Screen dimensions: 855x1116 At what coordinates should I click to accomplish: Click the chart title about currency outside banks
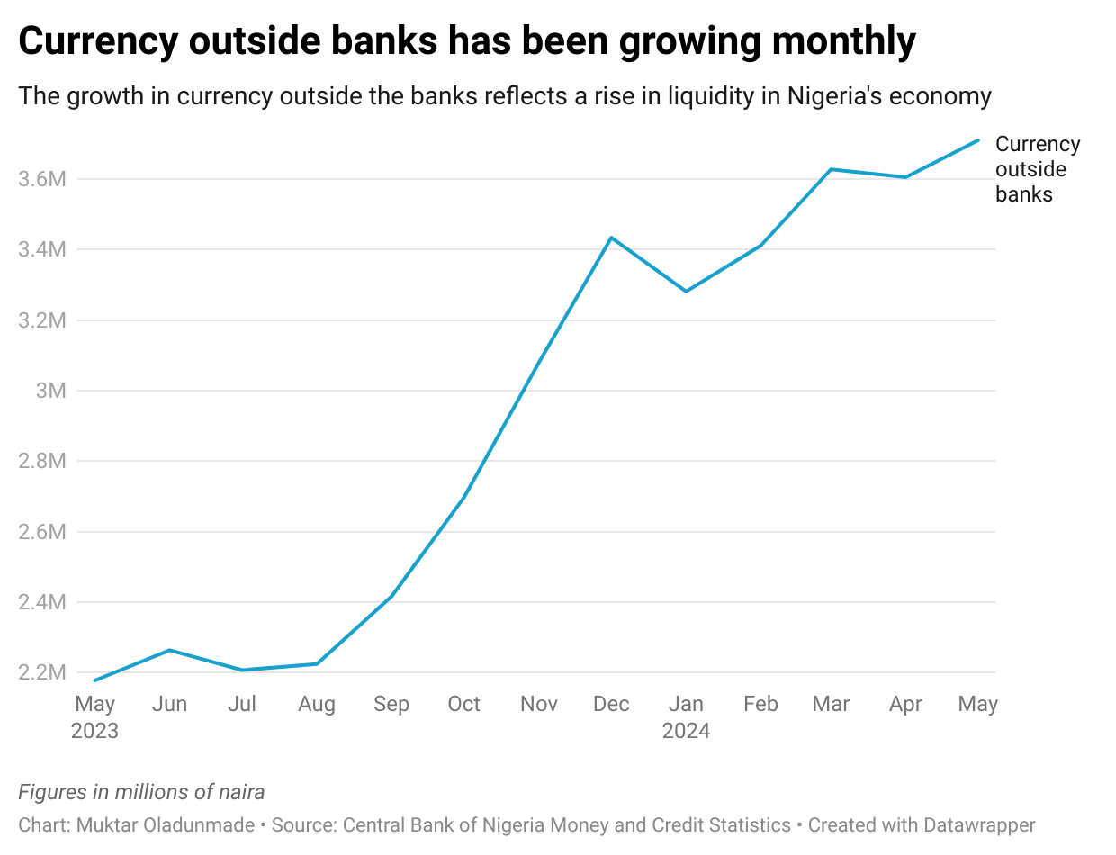point(467,41)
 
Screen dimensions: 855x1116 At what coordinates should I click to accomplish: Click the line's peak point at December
point(612,238)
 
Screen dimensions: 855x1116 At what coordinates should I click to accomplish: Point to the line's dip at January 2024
point(686,292)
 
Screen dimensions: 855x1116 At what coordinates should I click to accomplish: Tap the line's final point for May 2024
point(978,140)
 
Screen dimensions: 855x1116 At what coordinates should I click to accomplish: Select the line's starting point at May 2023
point(94,680)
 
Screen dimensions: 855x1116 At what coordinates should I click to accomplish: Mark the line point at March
point(831,169)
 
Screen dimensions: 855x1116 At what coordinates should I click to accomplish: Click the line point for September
point(391,597)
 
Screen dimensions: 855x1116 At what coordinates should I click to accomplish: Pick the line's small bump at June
point(170,650)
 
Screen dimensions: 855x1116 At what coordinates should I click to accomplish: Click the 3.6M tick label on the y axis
point(42,179)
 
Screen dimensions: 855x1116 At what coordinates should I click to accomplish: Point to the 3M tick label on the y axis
point(51,391)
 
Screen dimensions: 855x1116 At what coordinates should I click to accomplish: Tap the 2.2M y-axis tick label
point(42,672)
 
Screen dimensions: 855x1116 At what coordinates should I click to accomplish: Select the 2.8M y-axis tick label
point(42,461)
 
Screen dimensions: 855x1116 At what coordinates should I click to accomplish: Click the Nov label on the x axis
point(538,704)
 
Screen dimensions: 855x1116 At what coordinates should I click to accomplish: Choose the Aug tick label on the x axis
point(316,704)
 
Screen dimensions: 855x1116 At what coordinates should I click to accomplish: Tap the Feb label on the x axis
point(760,704)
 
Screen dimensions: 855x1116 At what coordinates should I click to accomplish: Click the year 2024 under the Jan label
point(686,731)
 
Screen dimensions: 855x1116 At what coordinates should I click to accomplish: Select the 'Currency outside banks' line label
point(1037,169)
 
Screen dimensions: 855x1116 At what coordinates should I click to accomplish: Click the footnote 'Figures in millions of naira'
point(141,792)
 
